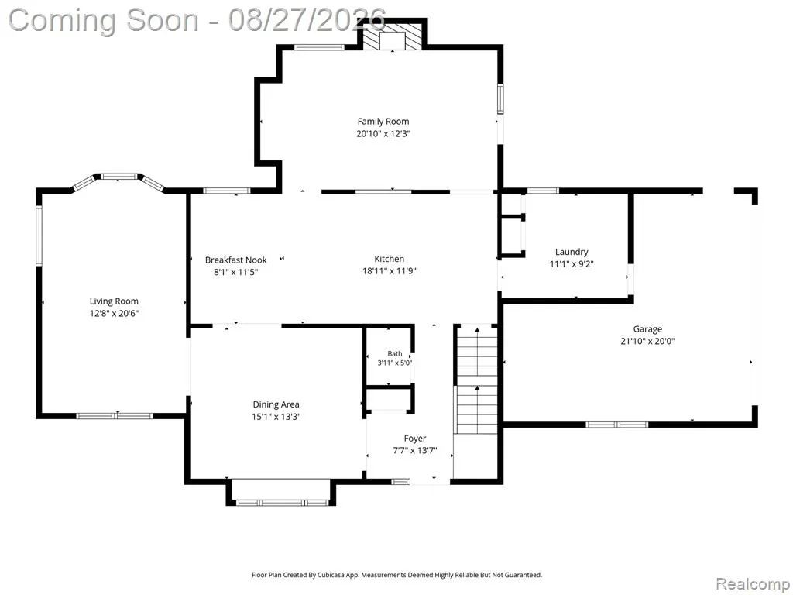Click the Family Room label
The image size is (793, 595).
pos(383,122)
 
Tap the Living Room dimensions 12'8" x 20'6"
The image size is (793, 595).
pos(115,314)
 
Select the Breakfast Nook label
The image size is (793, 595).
pos(235,260)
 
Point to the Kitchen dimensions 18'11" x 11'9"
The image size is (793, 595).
pos(389,271)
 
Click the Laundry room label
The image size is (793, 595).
pos(572,252)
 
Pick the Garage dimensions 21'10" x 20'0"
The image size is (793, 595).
pos(647,342)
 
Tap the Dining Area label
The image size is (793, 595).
pos(276,404)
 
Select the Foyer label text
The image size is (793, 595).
pos(415,439)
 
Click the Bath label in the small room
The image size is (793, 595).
pos(395,353)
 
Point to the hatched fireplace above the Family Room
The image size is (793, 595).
pos(393,36)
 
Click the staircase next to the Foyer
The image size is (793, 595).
pos(477,380)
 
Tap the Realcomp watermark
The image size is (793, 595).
pos(753,584)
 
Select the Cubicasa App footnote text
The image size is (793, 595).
pos(396,575)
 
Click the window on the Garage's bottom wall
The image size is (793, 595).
pos(616,425)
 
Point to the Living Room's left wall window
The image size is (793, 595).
pos(39,236)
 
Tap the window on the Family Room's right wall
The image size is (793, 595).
pos(500,98)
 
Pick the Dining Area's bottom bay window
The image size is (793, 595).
pos(283,503)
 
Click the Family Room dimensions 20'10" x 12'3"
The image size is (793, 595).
pos(383,134)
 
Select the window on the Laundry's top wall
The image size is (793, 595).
pos(543,191)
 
